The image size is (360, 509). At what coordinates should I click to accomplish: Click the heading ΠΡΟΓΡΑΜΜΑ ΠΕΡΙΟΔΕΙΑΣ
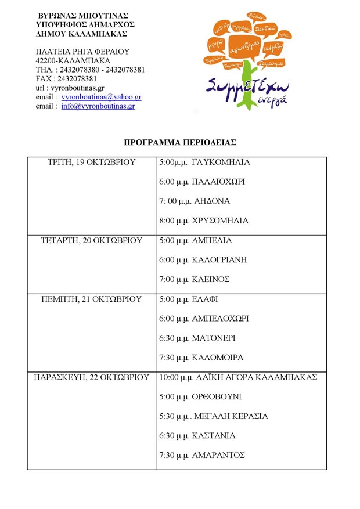coord(179,142)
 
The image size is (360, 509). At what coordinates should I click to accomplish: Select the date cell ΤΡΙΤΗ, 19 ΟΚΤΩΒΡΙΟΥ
coord(91,163)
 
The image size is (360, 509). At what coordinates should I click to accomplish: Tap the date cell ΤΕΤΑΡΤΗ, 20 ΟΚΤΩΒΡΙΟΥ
coord(91,240)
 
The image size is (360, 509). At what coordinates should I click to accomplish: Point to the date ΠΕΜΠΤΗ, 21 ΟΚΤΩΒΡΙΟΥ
coord(91,299)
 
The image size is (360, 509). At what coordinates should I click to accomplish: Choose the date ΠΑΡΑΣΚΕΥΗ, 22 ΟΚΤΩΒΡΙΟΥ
coord(91,377)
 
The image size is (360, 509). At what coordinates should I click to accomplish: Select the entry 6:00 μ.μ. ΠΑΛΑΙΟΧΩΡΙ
coord(202,182)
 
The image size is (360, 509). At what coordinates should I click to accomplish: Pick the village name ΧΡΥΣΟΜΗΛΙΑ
coord(221,221)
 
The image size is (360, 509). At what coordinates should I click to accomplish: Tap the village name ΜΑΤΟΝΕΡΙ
coord(215,338)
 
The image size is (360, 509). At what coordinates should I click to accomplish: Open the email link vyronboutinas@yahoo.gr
coord(101,98)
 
